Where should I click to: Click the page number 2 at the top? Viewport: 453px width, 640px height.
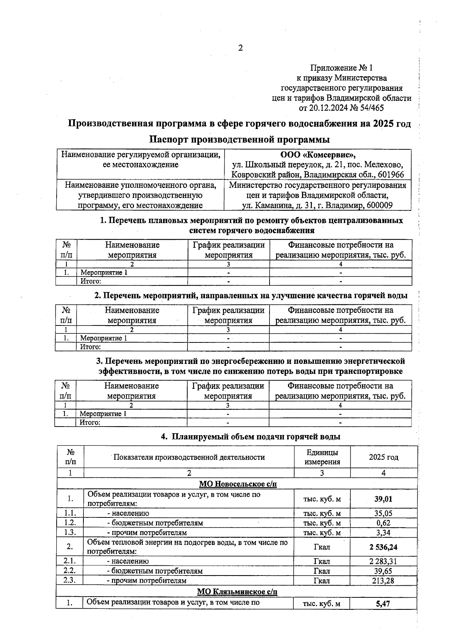click(240, 48)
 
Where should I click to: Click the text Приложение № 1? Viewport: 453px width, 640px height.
click(341, 68)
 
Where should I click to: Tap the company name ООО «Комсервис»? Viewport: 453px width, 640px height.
click(317, 155)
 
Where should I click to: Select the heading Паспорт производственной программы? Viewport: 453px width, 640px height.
click(239, 140)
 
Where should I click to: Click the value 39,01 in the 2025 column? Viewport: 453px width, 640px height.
click(383, 499)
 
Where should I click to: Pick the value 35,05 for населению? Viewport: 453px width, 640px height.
click(383, 513)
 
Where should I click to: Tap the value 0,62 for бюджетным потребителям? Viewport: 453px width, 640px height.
click(383, 523)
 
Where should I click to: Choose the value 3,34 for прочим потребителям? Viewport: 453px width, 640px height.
click(383, 533)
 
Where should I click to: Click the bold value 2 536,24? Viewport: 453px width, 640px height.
click(383, 547)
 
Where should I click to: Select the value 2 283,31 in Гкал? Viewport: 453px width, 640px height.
click(383, 561)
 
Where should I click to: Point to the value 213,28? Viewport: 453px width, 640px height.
click(383, 581)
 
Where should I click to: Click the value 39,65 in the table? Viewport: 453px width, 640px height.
click(383, 571)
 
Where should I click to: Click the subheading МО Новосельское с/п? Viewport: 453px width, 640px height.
click(238, 484)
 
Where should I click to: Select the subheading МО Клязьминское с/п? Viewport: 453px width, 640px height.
click(237, 591)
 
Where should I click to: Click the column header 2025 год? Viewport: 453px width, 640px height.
click(384, 457)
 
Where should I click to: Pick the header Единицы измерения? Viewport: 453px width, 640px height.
click(322, 457)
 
